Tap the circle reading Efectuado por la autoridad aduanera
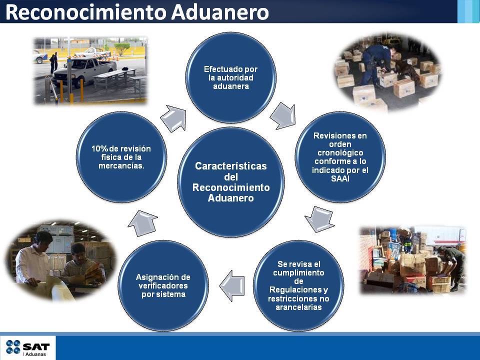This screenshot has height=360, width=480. pyautogui.click(x=231, y=77)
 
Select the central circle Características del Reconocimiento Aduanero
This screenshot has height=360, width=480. pyautogui.click(x=231, y=182)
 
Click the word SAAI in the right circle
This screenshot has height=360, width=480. pyautogui.click(x=340, y=178)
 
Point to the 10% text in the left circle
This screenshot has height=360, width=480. pyautogui.click(x=100, y=149)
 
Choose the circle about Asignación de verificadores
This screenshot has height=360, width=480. pyautogui.click(x=163, y=285)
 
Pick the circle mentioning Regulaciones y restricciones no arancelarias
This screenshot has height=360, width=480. pyautogui.click(x=298, y=285)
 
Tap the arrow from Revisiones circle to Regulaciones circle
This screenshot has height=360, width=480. pyautogui.click(x=319, y=218)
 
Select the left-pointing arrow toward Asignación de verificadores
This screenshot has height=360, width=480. pyautogui.click(x=232, y=285)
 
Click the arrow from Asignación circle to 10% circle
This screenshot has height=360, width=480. pyautogui.click(x=142, y=223)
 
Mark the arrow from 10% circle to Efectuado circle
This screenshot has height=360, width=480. pyautogui.click(x=174, y=118)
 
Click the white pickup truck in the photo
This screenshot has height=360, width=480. pyautogui.click(x=84, y=71)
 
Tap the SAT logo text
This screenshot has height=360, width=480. pyautogui.click(x=36, y=347)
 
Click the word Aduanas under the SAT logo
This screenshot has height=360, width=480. pyautogui.click(x=35, y=354)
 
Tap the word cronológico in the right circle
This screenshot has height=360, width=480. pyautogui.click(x=340, y=153)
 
